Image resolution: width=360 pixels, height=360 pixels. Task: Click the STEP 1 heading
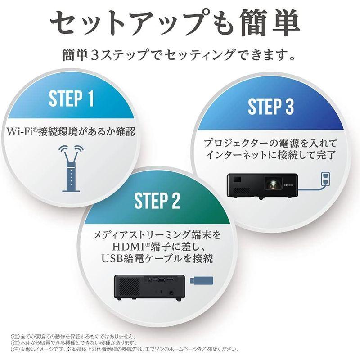tap(71, 99)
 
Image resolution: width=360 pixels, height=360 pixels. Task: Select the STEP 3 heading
tap(271, 107)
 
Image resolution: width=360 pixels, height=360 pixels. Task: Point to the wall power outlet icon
tap(324, 178)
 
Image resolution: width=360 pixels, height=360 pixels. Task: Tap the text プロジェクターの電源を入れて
tap(270, 144)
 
